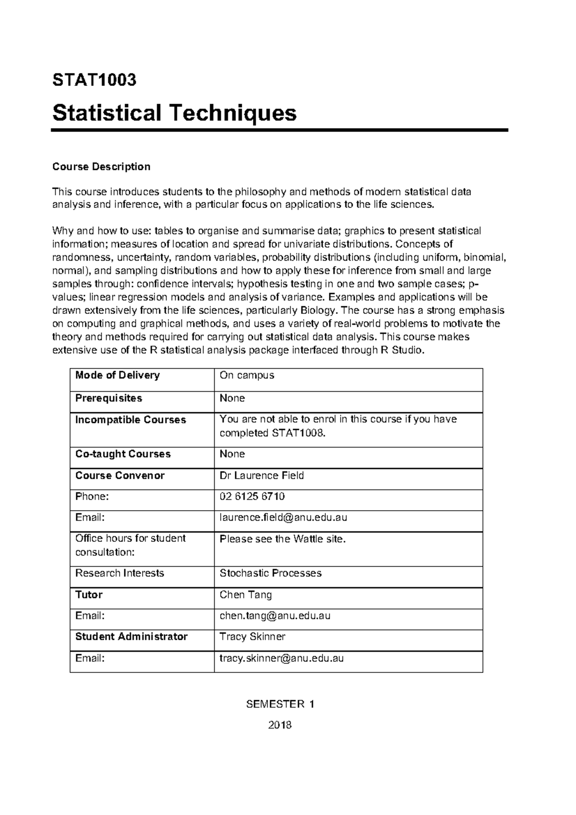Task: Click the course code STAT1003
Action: (94, 80)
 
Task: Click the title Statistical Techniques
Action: (174, 113)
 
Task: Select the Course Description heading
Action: (101, 167)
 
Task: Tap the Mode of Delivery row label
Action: (118, 375)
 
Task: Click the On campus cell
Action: (247, 375)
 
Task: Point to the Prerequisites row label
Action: (109, 398)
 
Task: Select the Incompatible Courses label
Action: (131, 420)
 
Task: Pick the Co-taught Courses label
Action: (123, 454)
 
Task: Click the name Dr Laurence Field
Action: (262, 476)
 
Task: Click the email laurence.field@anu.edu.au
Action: (283, 517)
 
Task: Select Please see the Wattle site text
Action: (282, 539)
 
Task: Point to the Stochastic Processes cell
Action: (270, 573)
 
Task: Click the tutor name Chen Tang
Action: (245, 595)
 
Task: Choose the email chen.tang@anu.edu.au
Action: (275, 615)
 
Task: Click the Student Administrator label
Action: (131, 637)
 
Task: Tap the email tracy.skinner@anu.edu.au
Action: (281, 658)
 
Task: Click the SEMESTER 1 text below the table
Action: (280, 704)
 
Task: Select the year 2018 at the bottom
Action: (280, 725)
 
